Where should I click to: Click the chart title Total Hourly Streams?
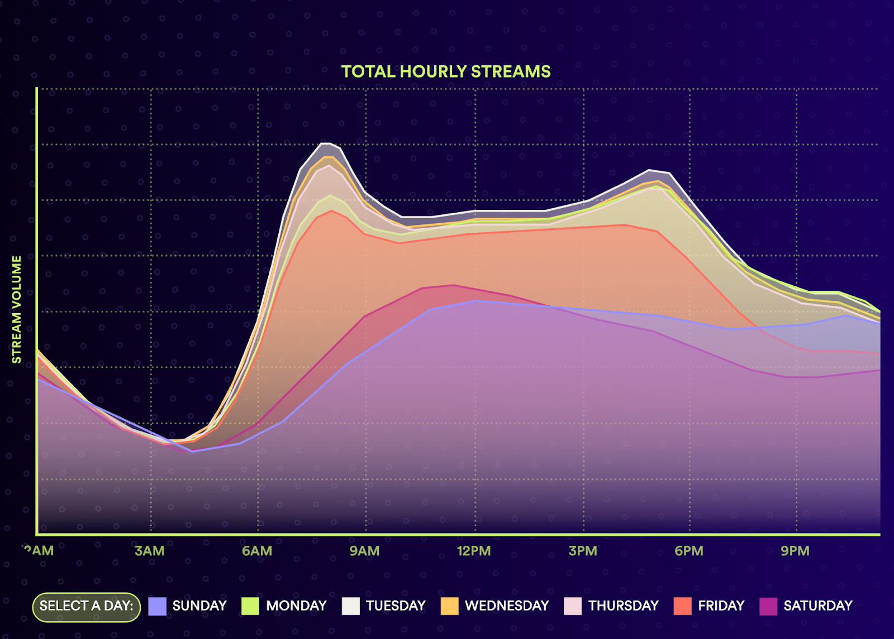[446, 71]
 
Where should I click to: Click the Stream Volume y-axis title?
[17, 310]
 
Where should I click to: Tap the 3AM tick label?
[150, 551]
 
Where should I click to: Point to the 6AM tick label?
[257, 551]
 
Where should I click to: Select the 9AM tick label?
[364, 551]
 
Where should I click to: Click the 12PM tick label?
[474, 551]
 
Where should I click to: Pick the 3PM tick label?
[583, 551]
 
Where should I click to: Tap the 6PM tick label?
[689, 551]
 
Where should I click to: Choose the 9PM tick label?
[795, 551]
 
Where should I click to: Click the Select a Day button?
[87, 607]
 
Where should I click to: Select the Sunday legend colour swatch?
[158, 607]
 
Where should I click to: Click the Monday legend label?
[296, 606]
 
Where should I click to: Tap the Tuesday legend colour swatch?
[351, 607]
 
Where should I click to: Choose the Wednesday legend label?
[507, 606]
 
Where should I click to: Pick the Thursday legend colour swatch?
[573, 607]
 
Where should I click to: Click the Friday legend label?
[721, 606]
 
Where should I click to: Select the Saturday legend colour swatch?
[768, 607]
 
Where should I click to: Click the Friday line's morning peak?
[332, 210]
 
